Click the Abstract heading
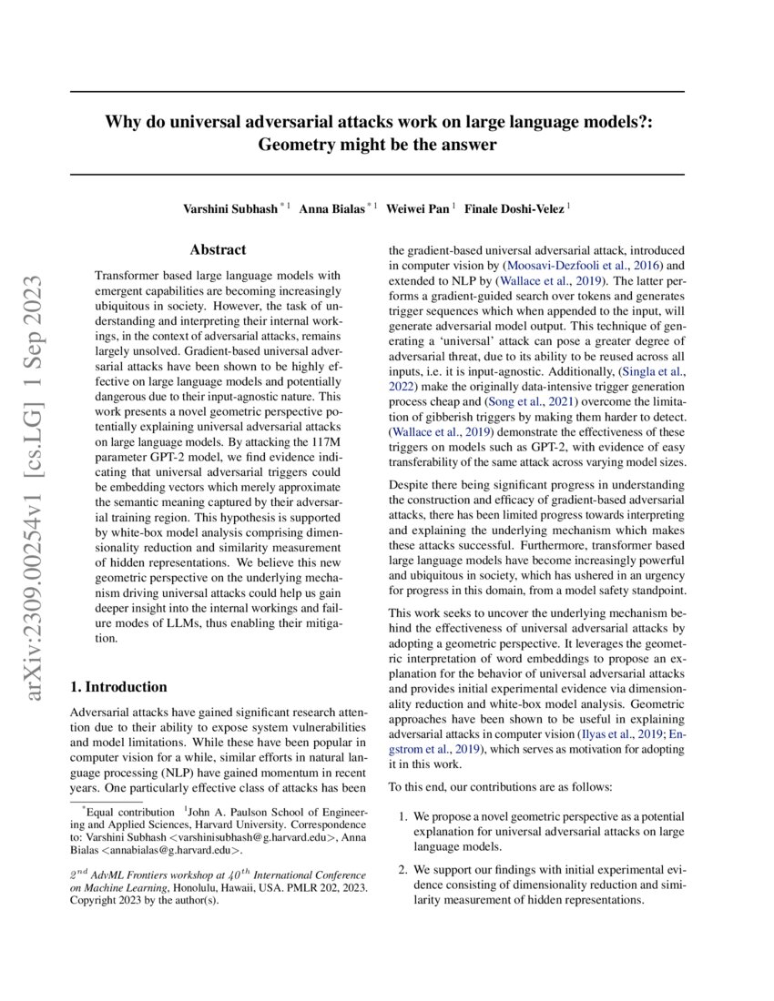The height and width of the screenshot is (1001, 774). (x=218, y=249)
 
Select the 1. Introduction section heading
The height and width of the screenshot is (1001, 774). (x=118, y=687)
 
